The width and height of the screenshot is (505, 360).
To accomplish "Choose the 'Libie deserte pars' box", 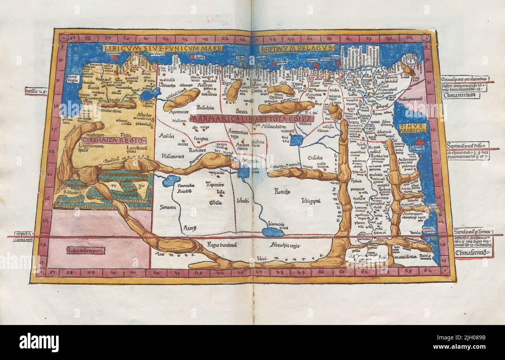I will (x=85, y=250).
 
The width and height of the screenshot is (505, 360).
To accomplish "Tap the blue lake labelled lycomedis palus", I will (x=271, y=232).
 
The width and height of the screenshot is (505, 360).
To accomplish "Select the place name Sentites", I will (x=168, y=208).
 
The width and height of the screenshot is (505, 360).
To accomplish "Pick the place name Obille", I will (x=215, y=203).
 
